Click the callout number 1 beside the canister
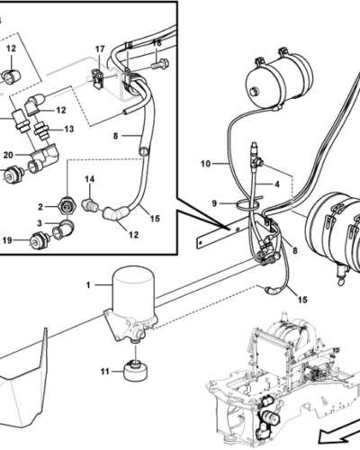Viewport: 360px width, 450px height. pos(88,285)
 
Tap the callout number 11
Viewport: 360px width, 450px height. pos(104,372)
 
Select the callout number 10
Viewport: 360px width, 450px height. pos(206,164)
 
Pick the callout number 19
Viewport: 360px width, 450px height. pos(7,240)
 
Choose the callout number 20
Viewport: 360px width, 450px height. pos(8,155)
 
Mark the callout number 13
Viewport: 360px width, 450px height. pos(69,129)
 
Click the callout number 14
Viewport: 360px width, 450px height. pos(89,179)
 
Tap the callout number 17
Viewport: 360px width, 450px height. pos(100,49)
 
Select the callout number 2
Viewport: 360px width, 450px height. pos(40,207)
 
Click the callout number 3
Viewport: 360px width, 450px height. pos(40,223)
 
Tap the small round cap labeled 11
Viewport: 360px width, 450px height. pos(136,372)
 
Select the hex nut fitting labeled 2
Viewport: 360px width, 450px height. pos(67,207)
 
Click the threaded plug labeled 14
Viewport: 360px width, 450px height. pos(89,205)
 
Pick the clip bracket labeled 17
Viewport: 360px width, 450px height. pos(97,79)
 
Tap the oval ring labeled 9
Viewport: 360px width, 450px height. pos(246,204)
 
